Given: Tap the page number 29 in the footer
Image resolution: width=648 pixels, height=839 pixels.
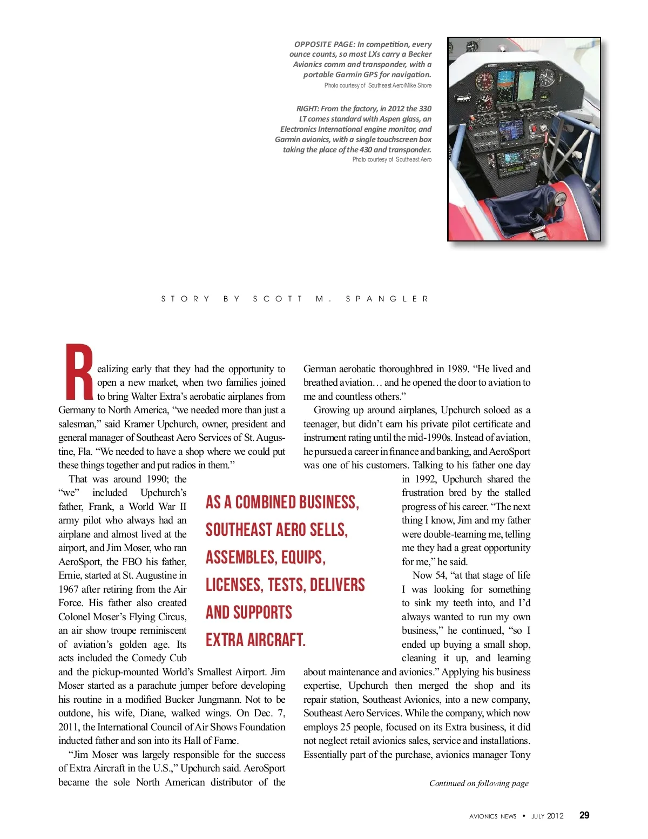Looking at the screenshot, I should click(584, 815).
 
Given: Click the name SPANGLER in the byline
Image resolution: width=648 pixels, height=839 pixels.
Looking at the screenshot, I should click(387, 299).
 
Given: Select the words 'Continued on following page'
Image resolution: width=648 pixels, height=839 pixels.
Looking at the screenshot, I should click(478, 783).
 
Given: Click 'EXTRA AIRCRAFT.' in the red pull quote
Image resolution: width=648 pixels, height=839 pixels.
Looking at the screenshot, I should click(255, 640).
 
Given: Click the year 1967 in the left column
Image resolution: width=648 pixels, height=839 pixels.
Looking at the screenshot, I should click(69, 589).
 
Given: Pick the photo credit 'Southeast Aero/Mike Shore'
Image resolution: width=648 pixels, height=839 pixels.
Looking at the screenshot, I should click(400, 85).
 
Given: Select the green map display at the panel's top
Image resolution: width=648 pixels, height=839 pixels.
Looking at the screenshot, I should click(525, 85).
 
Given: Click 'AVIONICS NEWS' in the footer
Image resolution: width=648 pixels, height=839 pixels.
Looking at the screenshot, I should click(492, 816).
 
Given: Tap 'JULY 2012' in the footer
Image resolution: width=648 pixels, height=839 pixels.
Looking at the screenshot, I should click(548, 816).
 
